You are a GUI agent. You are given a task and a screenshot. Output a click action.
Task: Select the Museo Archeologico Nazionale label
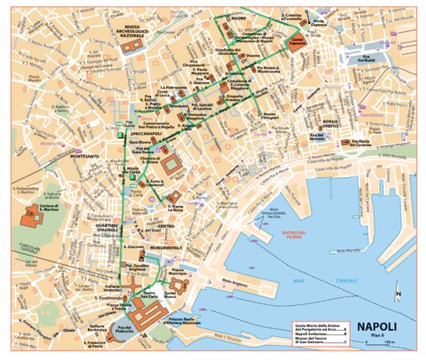[136, 35]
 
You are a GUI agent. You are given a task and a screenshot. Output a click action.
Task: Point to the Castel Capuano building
[299, 42]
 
